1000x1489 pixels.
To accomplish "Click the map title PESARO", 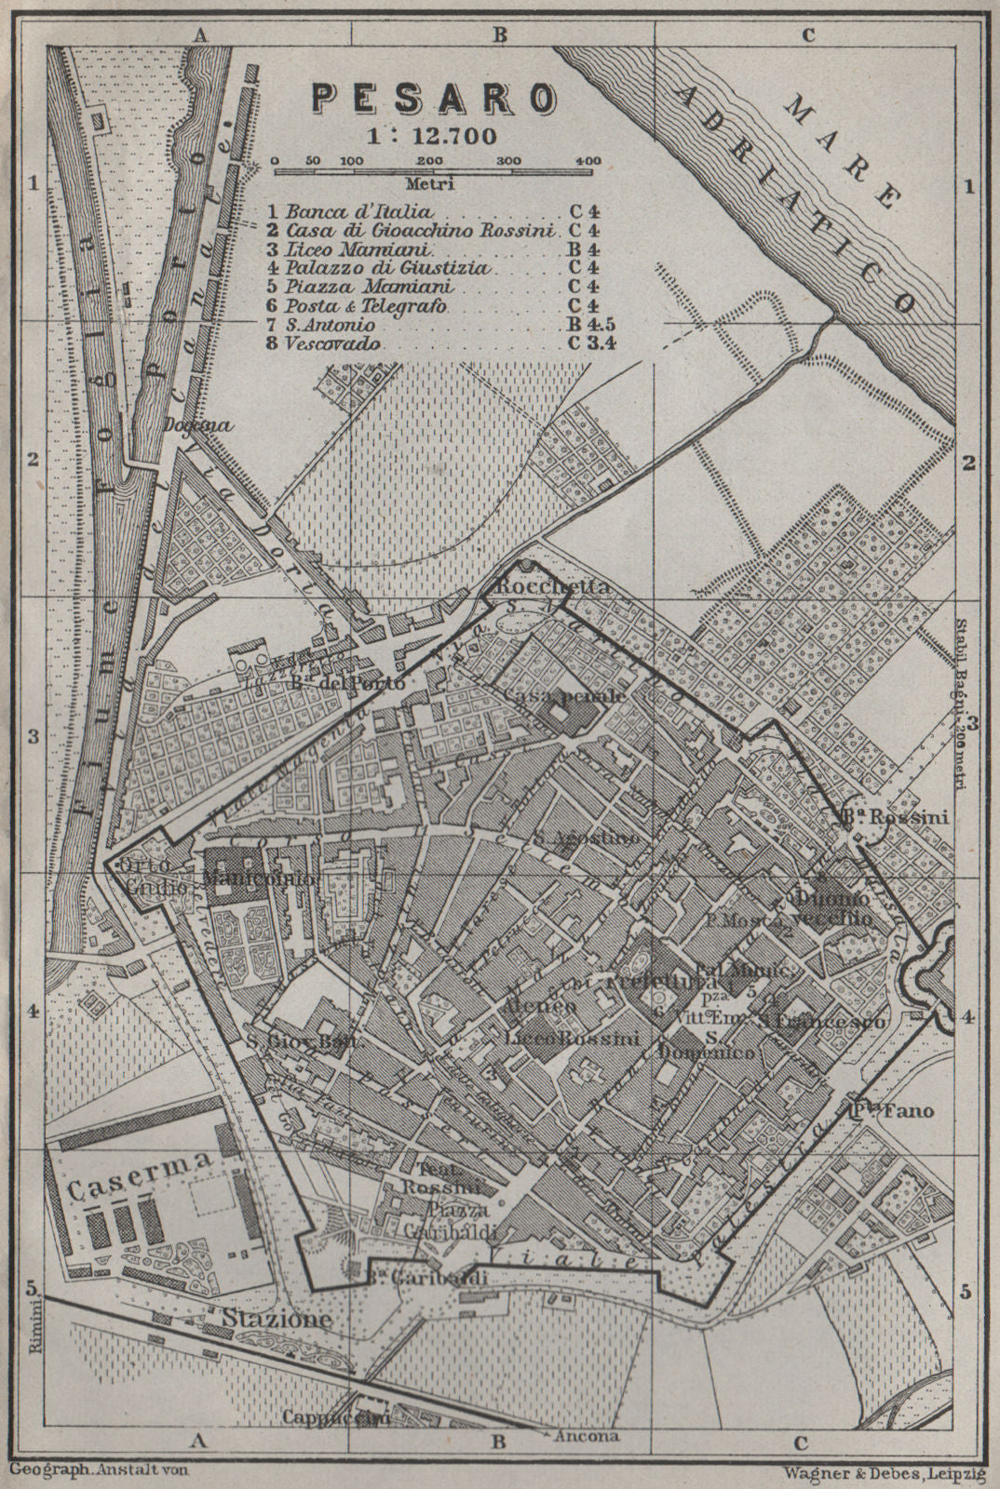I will pos(434,97).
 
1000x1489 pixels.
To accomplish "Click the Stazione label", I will pos(276,1319).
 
